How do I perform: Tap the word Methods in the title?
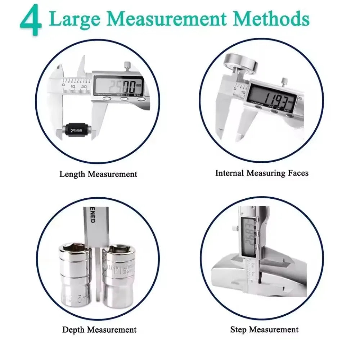click(x=276, y=19)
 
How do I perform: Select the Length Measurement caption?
click(x=98, y=174)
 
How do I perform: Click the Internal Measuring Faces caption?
click(x=262, y=173)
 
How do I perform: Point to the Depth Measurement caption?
click(x=99, y=329)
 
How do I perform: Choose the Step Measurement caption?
click(x=264, y=329)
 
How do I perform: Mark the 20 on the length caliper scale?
click(x=84, y=87)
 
